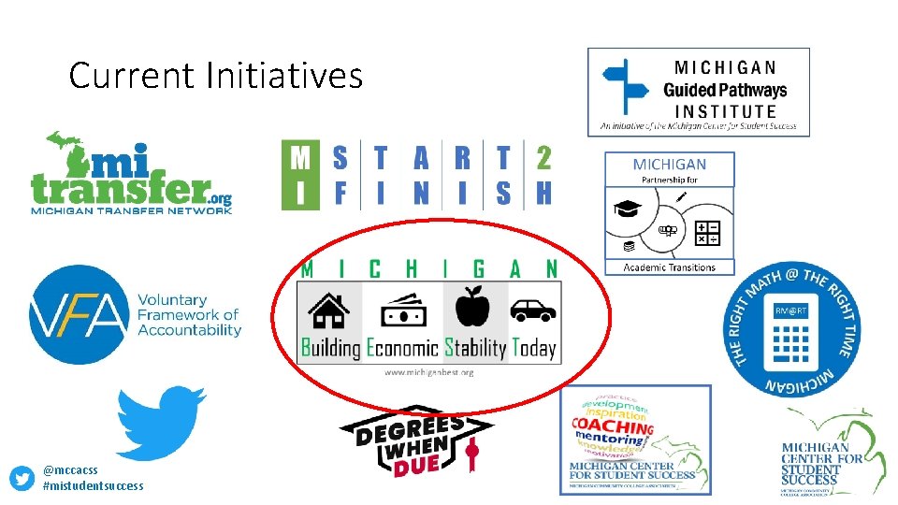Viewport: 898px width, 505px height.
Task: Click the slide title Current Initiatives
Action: click(x=215, y=75)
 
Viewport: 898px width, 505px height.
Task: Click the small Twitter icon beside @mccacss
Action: click(x=22, y=478)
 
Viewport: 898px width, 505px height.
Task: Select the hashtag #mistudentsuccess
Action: click(x=94, y=485)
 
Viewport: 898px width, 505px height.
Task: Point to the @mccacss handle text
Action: click(x=70, y=469)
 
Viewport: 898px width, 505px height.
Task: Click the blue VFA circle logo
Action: click(x=78, y=314)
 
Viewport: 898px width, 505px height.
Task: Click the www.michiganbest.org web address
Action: click(x=429, y=372)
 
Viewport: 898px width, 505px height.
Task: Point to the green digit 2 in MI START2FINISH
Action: click(x=543, y=158)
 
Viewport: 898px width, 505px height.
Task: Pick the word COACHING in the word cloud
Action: click(x=613, y=426)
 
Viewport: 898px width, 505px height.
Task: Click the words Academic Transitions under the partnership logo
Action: click(x=670, y=267)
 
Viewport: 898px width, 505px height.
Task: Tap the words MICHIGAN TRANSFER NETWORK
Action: click(x=131, y=210)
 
